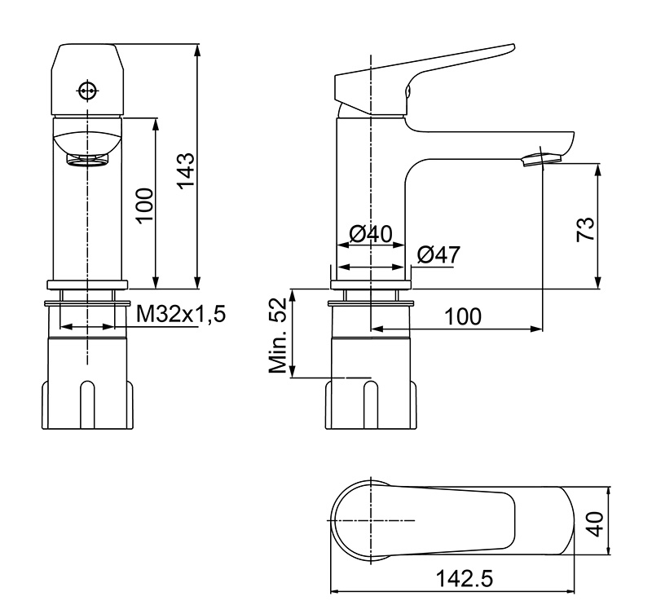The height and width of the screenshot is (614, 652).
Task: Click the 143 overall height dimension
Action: click(x=187, y=170)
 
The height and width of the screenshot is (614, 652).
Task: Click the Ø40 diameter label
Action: click(x=371, y=235)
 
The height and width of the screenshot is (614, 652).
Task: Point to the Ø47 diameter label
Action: click(x=438, y=254)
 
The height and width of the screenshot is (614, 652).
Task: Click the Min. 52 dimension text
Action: click(x=279, y=335)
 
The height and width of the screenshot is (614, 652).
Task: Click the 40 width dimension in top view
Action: click(x=597, y=523)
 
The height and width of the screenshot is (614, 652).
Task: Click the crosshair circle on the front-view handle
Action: click(x=87, y=90)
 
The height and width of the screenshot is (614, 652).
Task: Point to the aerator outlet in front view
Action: click(x=87, y=158)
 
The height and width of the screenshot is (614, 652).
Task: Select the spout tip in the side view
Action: click(x=540, y=158)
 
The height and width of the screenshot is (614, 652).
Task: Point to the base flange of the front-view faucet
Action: click(x=87, y=284)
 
